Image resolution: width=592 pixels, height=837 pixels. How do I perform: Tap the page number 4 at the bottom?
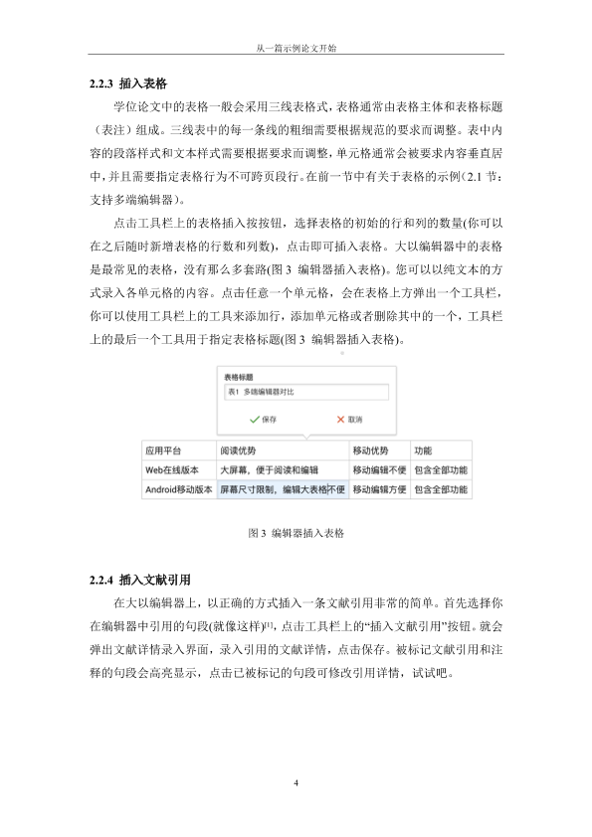tap(296, 784)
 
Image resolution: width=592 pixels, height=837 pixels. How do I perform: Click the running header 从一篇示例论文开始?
tap(296, 48)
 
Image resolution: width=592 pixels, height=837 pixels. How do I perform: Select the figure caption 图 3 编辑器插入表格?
tap(296, 533)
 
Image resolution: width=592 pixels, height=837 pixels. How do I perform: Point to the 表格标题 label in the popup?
tap(240, 378)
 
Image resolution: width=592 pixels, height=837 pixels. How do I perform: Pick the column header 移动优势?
tap(370, 449)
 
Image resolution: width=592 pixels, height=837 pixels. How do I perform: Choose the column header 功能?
tap(423, 449)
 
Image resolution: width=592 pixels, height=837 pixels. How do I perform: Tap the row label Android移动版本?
tap(178, 489)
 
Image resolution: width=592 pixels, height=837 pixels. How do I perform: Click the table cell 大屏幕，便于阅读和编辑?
tap(268, 469)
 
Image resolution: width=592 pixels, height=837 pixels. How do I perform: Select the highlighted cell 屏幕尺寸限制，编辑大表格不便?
tap(282, 489)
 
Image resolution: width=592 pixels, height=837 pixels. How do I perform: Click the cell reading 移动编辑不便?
tap(378, 469)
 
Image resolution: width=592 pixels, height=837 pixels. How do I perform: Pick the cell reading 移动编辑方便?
tap(378, 489)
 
